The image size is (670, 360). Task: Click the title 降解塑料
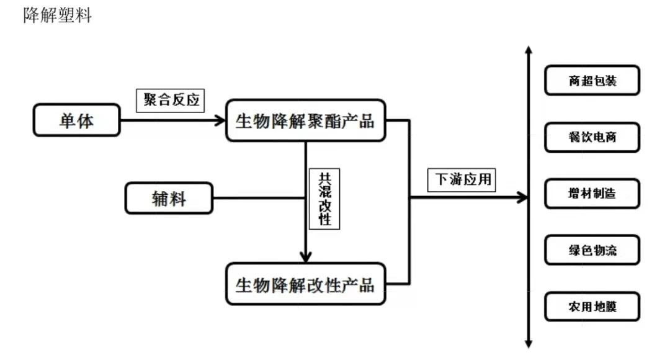pos(57,16)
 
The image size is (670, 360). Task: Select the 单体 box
pos(77,120)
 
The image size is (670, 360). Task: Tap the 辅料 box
pos(169,198)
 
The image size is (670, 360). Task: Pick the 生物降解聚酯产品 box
pos(305,120)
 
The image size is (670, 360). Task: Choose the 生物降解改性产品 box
pos(305,284)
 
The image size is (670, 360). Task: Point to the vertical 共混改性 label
pos(324,198)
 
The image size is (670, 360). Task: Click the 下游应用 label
pos(462,179)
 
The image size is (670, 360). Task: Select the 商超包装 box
pos(592,81)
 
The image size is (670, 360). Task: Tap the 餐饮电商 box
pos(592,137)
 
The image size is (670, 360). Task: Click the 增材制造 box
pos(592,193)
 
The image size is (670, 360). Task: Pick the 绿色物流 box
pos(592,250)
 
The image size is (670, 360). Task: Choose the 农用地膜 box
pos(592,307)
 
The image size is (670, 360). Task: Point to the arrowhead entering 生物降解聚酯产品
pos(219,120)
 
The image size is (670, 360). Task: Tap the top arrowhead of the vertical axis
pos(528,50)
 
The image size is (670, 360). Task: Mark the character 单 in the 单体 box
pos(68,120)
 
